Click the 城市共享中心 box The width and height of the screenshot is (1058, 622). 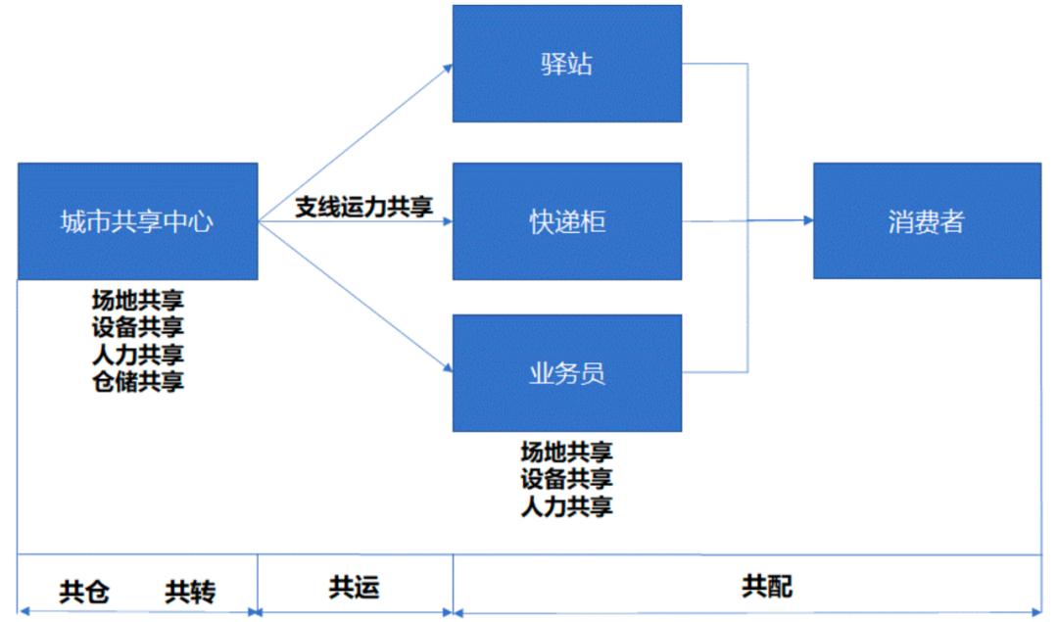[137, 221]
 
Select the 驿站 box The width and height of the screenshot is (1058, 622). [567, 65]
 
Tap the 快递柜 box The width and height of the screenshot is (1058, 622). [567, 221]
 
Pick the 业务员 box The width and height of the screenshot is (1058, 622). [567, 373]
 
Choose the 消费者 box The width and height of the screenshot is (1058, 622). [927, 221]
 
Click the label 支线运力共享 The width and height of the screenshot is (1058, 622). [364, 207]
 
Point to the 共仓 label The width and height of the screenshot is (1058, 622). [84, 592]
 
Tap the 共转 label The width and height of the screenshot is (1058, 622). [190, 592]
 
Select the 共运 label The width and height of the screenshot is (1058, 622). [354, 587]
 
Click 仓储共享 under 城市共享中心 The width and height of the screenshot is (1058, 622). [137, 381]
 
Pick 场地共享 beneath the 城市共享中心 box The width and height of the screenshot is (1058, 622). [137, 299]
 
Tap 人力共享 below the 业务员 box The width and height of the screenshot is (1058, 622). [566, 506]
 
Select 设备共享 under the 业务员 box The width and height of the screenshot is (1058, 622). [566, 479]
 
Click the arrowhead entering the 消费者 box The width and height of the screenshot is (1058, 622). [807, 221]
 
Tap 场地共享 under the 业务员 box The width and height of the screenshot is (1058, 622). [566, 452]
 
